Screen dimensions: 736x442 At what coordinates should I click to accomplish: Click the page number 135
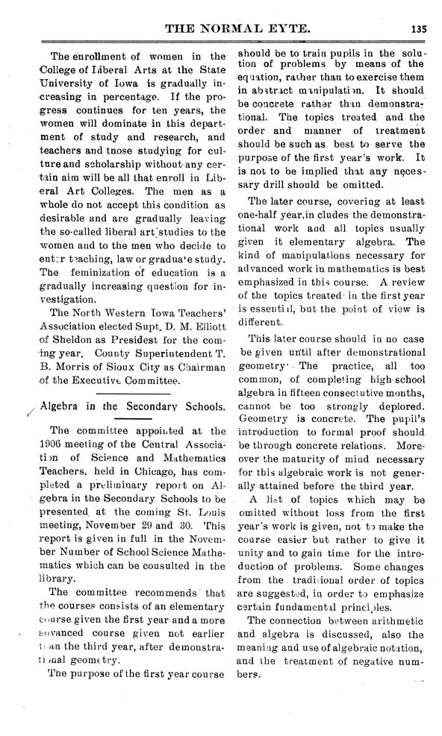417,30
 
